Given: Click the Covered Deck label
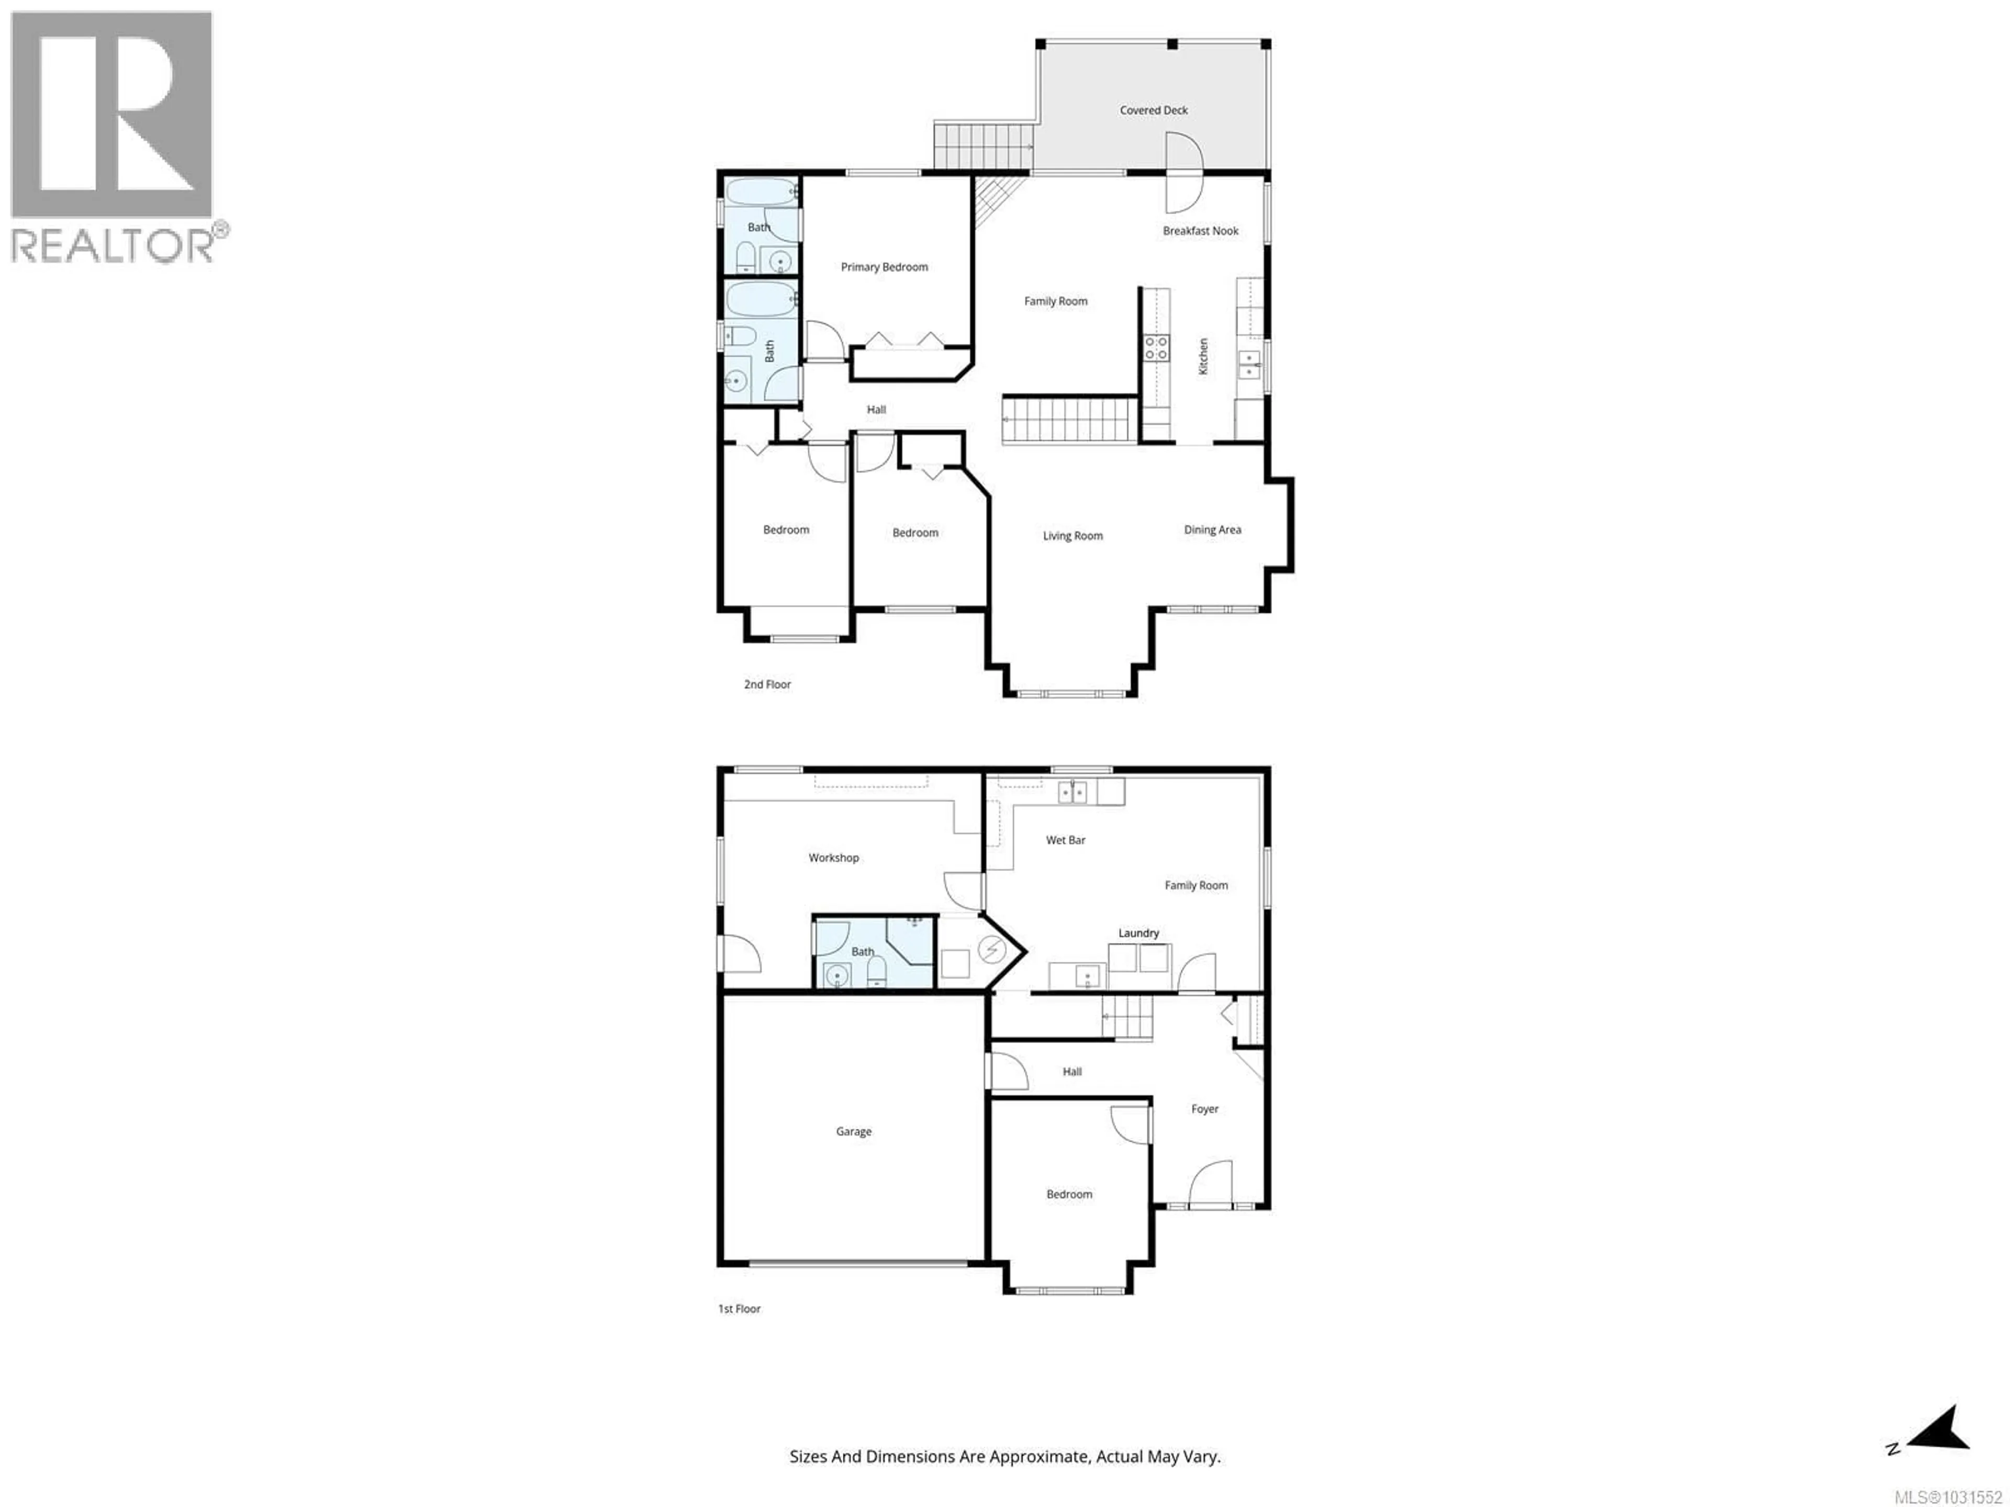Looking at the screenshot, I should [1153, 110].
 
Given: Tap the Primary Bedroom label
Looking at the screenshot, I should [884, 267].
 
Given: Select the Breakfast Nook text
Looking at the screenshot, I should [1200, 231].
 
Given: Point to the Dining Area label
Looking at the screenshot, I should [1212, 530].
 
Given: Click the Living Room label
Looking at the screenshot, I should [1072, 536].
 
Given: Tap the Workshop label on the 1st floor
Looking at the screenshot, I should [833, 858].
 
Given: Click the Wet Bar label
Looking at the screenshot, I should [1065, 840].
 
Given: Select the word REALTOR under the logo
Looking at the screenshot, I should [111, 245].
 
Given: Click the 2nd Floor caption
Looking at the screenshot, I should [767, 684].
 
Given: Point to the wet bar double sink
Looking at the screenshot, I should [1072, 792].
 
